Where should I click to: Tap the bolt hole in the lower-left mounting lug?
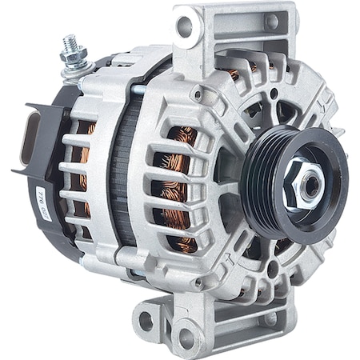146,321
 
